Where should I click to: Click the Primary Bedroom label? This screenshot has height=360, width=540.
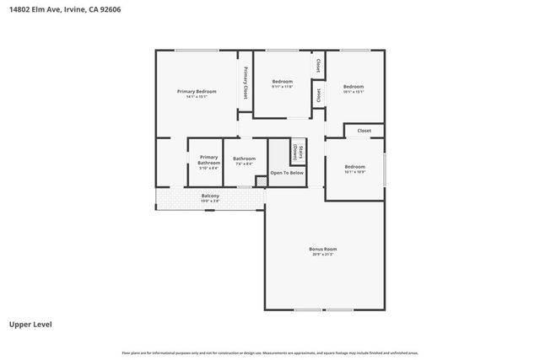click(197, 91)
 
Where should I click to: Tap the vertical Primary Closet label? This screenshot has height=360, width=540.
click(246, 83)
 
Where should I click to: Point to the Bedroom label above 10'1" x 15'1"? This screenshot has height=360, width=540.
click(354, 87)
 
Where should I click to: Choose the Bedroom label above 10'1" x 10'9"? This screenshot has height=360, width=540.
click(354, 167)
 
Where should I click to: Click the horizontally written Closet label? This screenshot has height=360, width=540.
click(364, 131)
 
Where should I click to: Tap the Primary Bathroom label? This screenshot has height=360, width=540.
click(208, 159)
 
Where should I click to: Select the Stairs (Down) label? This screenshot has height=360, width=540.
click(298, 152)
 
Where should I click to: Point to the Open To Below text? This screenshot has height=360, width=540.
click(287, 173)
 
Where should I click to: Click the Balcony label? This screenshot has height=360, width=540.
click(210, 196)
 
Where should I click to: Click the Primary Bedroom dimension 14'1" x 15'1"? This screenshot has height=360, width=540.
click(197, 97)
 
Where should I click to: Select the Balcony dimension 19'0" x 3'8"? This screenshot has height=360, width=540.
click(210, 201)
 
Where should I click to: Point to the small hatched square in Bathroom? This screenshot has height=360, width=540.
click(261, 180)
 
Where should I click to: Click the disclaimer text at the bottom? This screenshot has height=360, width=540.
click(270, 352)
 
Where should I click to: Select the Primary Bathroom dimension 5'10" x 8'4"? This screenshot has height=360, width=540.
click(208, 169)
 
